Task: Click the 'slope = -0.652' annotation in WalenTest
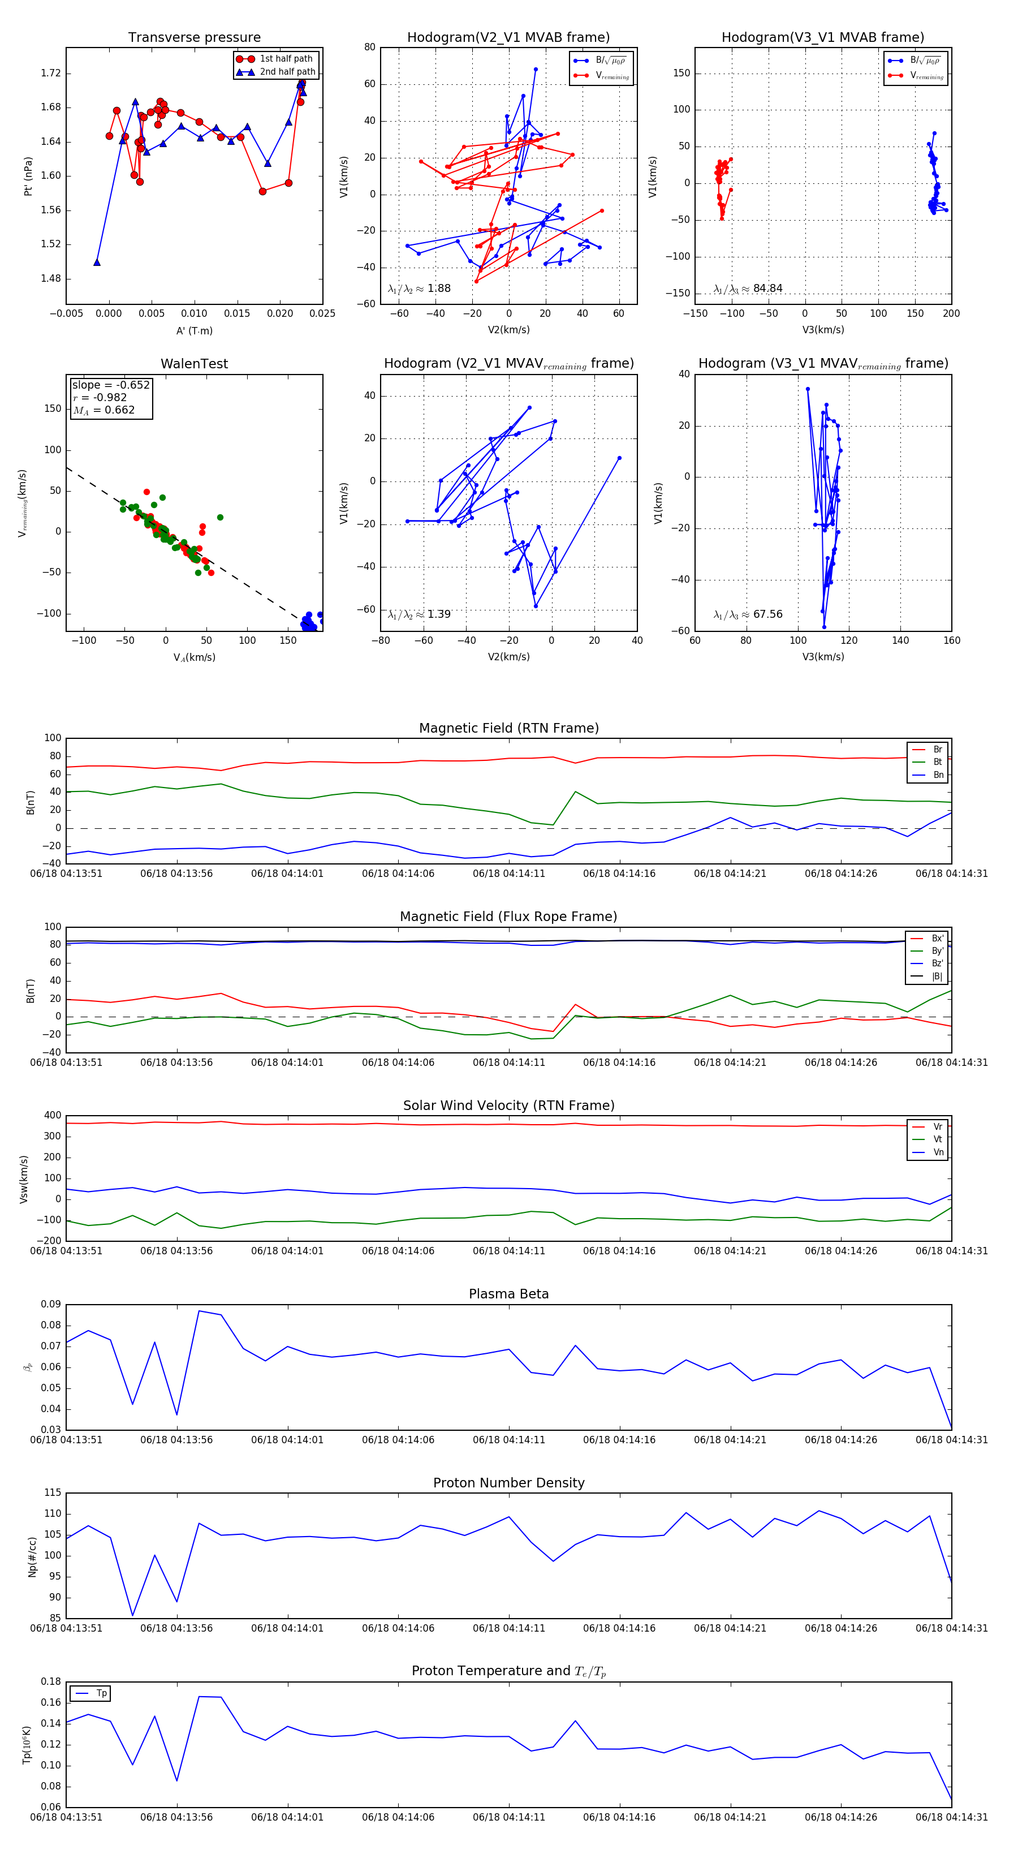pyautogui.click(x=111, y=385)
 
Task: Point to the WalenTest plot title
pyautogui.click(x=194, y=364)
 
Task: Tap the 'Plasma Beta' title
pyautogui.click(x=508, y=1294)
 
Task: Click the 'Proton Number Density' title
pyautogui.click(x=508, y=1482)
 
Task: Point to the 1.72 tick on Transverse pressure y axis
pyautogui.click(x=51, y=73)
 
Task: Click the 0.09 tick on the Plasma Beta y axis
pyautogui.click(x=51, y=1304)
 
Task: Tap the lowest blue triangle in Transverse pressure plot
pyautogui.click(x=97, y=263)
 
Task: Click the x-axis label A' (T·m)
pyautogui.click(x=194, y=330)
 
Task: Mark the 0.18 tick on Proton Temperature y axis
pyautogui.click(x=51, y=1681)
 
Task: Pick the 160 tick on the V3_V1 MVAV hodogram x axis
pyautogui.click(x=951, y=640)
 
